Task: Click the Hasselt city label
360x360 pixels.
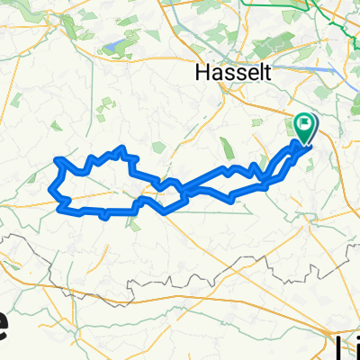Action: [x=220, y=71]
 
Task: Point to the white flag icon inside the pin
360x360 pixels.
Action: [x=305, y=125]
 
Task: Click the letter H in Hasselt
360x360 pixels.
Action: [x=200, y=71]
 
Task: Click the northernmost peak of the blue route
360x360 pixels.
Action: [x=121, y=148]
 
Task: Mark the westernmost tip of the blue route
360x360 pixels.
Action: [x=48, y=189]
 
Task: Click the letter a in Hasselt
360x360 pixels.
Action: [x=211, y=72]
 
